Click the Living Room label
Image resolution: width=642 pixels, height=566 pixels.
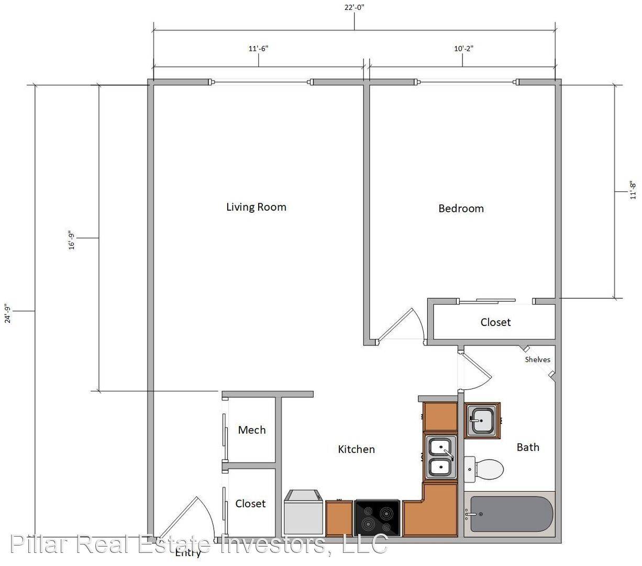[256, 207]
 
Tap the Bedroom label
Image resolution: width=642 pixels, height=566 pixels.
[461, 209]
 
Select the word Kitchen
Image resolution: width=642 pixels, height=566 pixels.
[356, 449]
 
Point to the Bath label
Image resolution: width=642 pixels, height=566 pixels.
[528, 447]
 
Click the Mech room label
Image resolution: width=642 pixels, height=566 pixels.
[251, 430]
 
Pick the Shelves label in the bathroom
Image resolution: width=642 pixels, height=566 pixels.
[537, 360]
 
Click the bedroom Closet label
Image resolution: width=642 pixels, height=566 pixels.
[495, 322]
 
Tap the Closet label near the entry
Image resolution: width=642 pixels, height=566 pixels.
[250, 504]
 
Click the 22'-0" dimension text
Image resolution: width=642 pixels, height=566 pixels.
[355, 7]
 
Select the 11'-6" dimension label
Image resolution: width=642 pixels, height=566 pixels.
[258, 49]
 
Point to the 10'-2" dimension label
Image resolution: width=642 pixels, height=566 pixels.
[463, 49]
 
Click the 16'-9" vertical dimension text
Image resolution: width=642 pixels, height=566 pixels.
[72, 240]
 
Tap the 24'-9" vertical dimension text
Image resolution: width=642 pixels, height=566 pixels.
[8, 313]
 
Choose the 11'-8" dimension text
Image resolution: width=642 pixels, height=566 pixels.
[633, 190]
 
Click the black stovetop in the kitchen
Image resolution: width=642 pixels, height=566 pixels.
[377, 518]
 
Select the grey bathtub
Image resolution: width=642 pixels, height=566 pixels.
[510, 514]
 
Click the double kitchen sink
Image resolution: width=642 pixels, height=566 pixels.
[441, 457]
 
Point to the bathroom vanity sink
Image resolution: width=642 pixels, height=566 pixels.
[482, 420]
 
